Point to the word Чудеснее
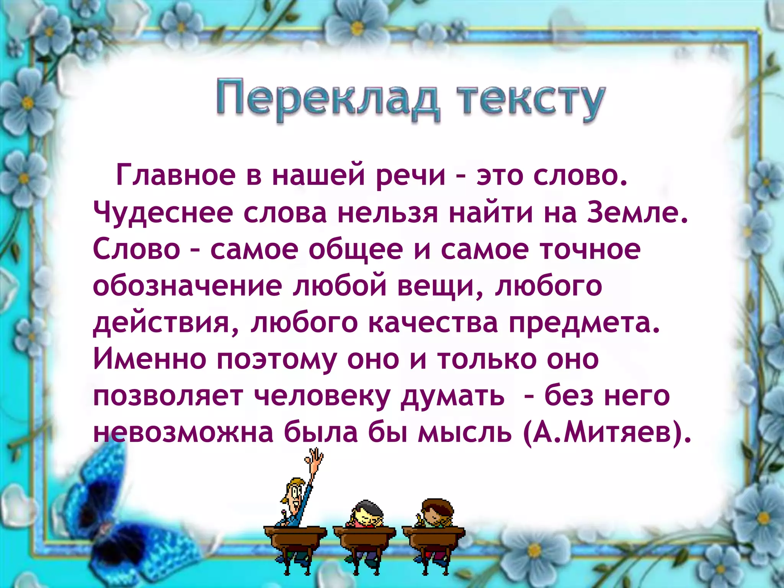(x=163, y=213)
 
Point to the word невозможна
(x=183, y=433)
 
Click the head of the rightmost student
(x=436, y=511)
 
